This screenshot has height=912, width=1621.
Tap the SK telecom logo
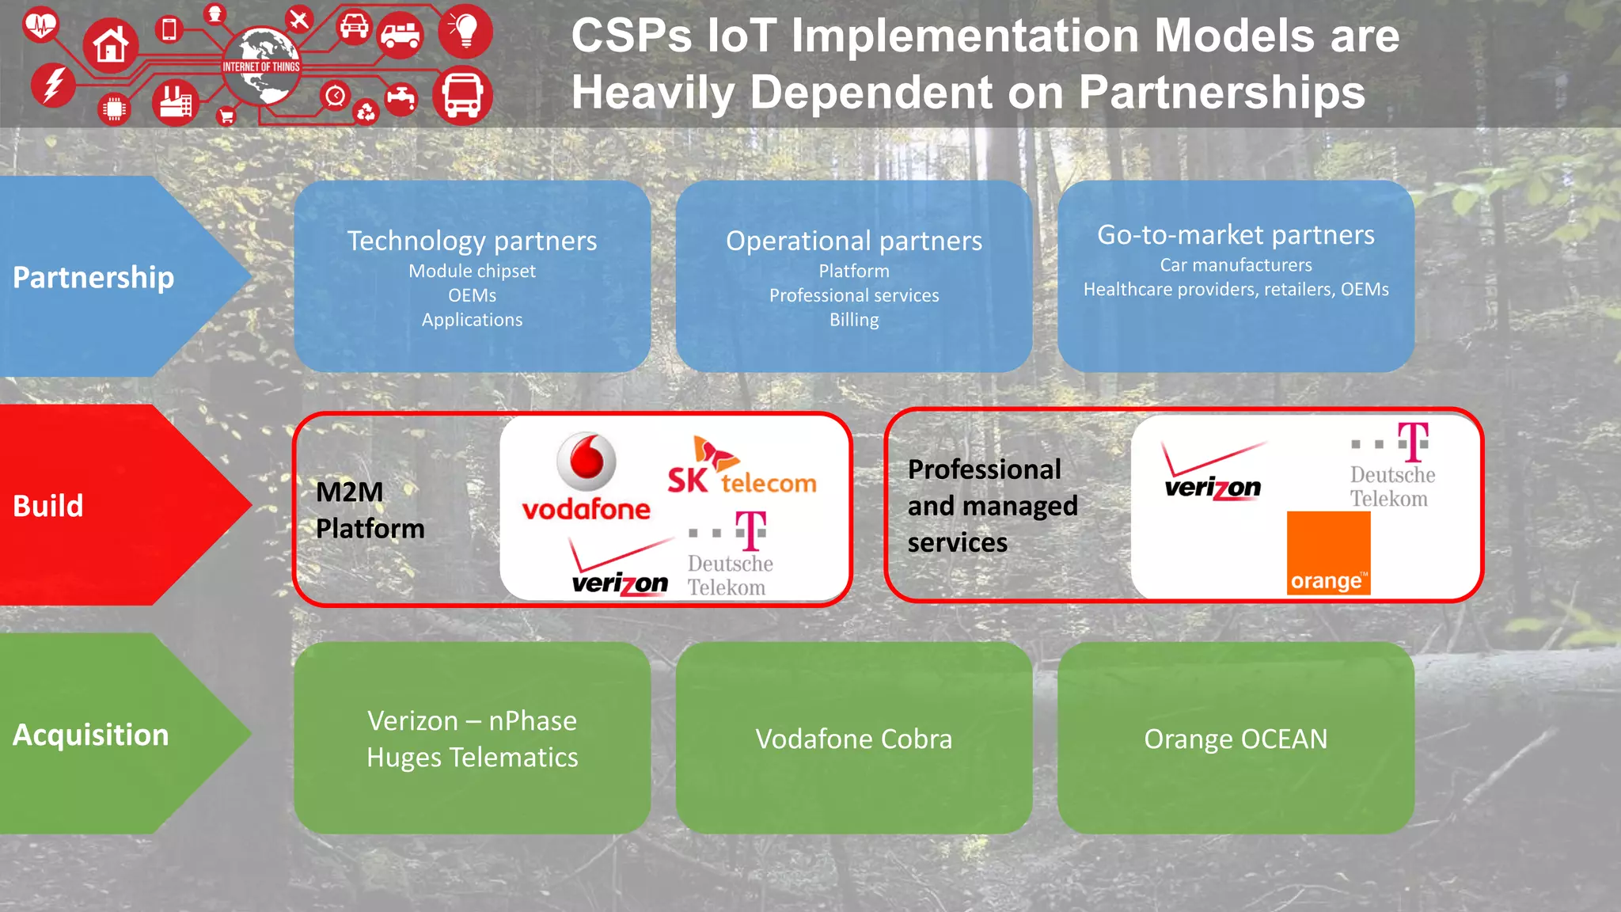741,468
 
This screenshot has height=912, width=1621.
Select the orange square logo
1328,553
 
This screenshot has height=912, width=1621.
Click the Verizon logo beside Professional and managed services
1213,473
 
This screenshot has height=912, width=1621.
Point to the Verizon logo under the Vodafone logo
620,568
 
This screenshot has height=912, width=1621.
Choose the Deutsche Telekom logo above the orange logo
1392,466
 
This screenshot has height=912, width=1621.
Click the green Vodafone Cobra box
853,738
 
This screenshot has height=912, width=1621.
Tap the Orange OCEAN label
1236,739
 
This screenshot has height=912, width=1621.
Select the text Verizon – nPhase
472,721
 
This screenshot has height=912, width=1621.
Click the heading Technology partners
472,241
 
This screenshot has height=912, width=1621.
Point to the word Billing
854,320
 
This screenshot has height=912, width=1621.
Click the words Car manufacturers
1236,265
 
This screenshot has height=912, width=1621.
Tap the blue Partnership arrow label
93,277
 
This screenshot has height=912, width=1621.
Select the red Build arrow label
48,506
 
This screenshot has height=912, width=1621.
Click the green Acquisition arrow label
91,735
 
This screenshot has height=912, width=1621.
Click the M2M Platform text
370,510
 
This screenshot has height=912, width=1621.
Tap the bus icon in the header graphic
462,95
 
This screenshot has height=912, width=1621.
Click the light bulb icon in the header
465,30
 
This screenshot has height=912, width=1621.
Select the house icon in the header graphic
111,45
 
